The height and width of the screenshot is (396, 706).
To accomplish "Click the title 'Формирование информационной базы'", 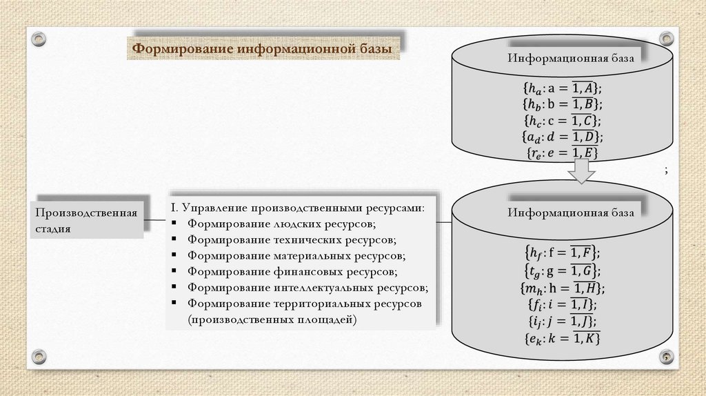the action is coord(262,50).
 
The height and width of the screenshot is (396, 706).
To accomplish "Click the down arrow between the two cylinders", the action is coord(581,171).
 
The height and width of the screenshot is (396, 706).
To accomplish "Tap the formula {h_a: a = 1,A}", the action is coord(562,88).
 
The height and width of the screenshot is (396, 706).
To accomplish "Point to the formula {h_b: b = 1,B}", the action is coord(562,104).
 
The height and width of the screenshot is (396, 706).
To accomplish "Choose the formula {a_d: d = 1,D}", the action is coord(562,136).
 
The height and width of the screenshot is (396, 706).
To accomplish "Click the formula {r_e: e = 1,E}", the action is coord(562,152).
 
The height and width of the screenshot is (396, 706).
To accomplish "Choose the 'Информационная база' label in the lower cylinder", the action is coord(570,212).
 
